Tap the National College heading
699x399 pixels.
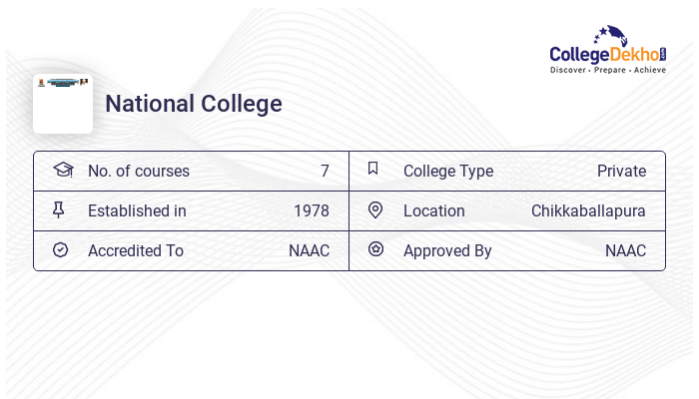pyautogui.click(x=194, y=104)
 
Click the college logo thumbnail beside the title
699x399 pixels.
pyautogui.click(x=63, y=103)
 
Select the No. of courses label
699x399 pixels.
pyautogui.click(x=139, y=171)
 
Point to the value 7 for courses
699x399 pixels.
pyautogui.click(x=325, y=171)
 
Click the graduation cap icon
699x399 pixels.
pyautogui.click(x=63, y=170)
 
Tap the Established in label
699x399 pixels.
pyautogui.click(x=137, y=210)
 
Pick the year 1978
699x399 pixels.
pyautogui.click(x=312, y=210)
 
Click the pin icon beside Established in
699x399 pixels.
pyautogui.click(x=59, y=209)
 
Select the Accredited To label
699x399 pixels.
pyautogui.click(x=136, y=250)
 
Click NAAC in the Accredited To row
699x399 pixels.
pyautogui.click(x=309, y=250)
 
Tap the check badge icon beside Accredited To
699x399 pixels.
pyautogui.click(x=60, y=249)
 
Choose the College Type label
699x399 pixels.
pyautogui.click(x=448, y=171)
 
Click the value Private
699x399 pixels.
pyautogui.click(x=621, y=171)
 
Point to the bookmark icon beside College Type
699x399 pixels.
pyautogui.click(x=373, y=169)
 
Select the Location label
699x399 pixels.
pyautogui.click(x=434, y=210)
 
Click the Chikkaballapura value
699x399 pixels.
pyautogui.click(x=588, y=210)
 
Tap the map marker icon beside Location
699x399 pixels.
pyautogui.click(x=375, y=209)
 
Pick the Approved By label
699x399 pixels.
pyautogui.click(x=447, y=250)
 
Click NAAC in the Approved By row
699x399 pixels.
pyautogui.click(x=625, y=250)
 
